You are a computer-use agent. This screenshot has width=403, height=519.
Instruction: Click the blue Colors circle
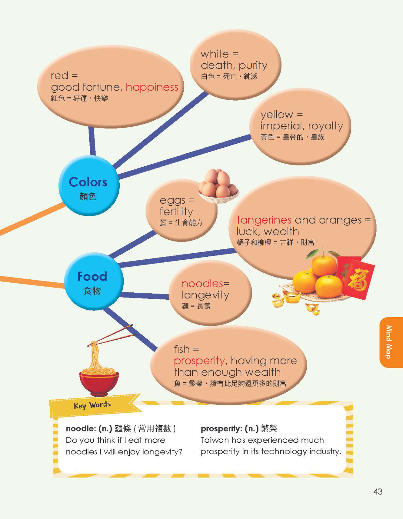(88, 185)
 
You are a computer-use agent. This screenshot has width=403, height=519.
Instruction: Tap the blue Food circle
(93, 281)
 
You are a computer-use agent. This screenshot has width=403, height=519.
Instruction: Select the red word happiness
(152, 87)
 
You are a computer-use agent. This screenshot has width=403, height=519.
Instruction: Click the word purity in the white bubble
(253, 65)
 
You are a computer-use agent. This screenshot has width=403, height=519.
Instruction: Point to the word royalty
(328, 126)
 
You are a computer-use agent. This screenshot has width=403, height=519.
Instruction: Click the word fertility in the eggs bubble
(176, 211)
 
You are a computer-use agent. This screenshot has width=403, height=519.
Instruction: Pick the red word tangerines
(264, 220)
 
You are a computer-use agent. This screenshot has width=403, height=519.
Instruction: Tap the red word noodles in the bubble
(202, 284)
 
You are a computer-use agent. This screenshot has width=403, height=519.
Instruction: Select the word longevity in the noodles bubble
(205, 295)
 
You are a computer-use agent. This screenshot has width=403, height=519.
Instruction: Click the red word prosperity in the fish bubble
(199, 361)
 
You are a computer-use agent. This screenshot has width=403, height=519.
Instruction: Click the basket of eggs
(218, 187)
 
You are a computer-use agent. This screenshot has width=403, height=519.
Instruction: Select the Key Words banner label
(92, 405)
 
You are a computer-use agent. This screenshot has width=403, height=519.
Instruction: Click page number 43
(378, 491)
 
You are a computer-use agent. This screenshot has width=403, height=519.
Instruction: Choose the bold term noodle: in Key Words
(81, 429)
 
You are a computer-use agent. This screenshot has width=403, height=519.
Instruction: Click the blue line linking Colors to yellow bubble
(185, 156)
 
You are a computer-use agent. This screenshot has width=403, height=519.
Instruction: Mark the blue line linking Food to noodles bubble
(145, 295)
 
